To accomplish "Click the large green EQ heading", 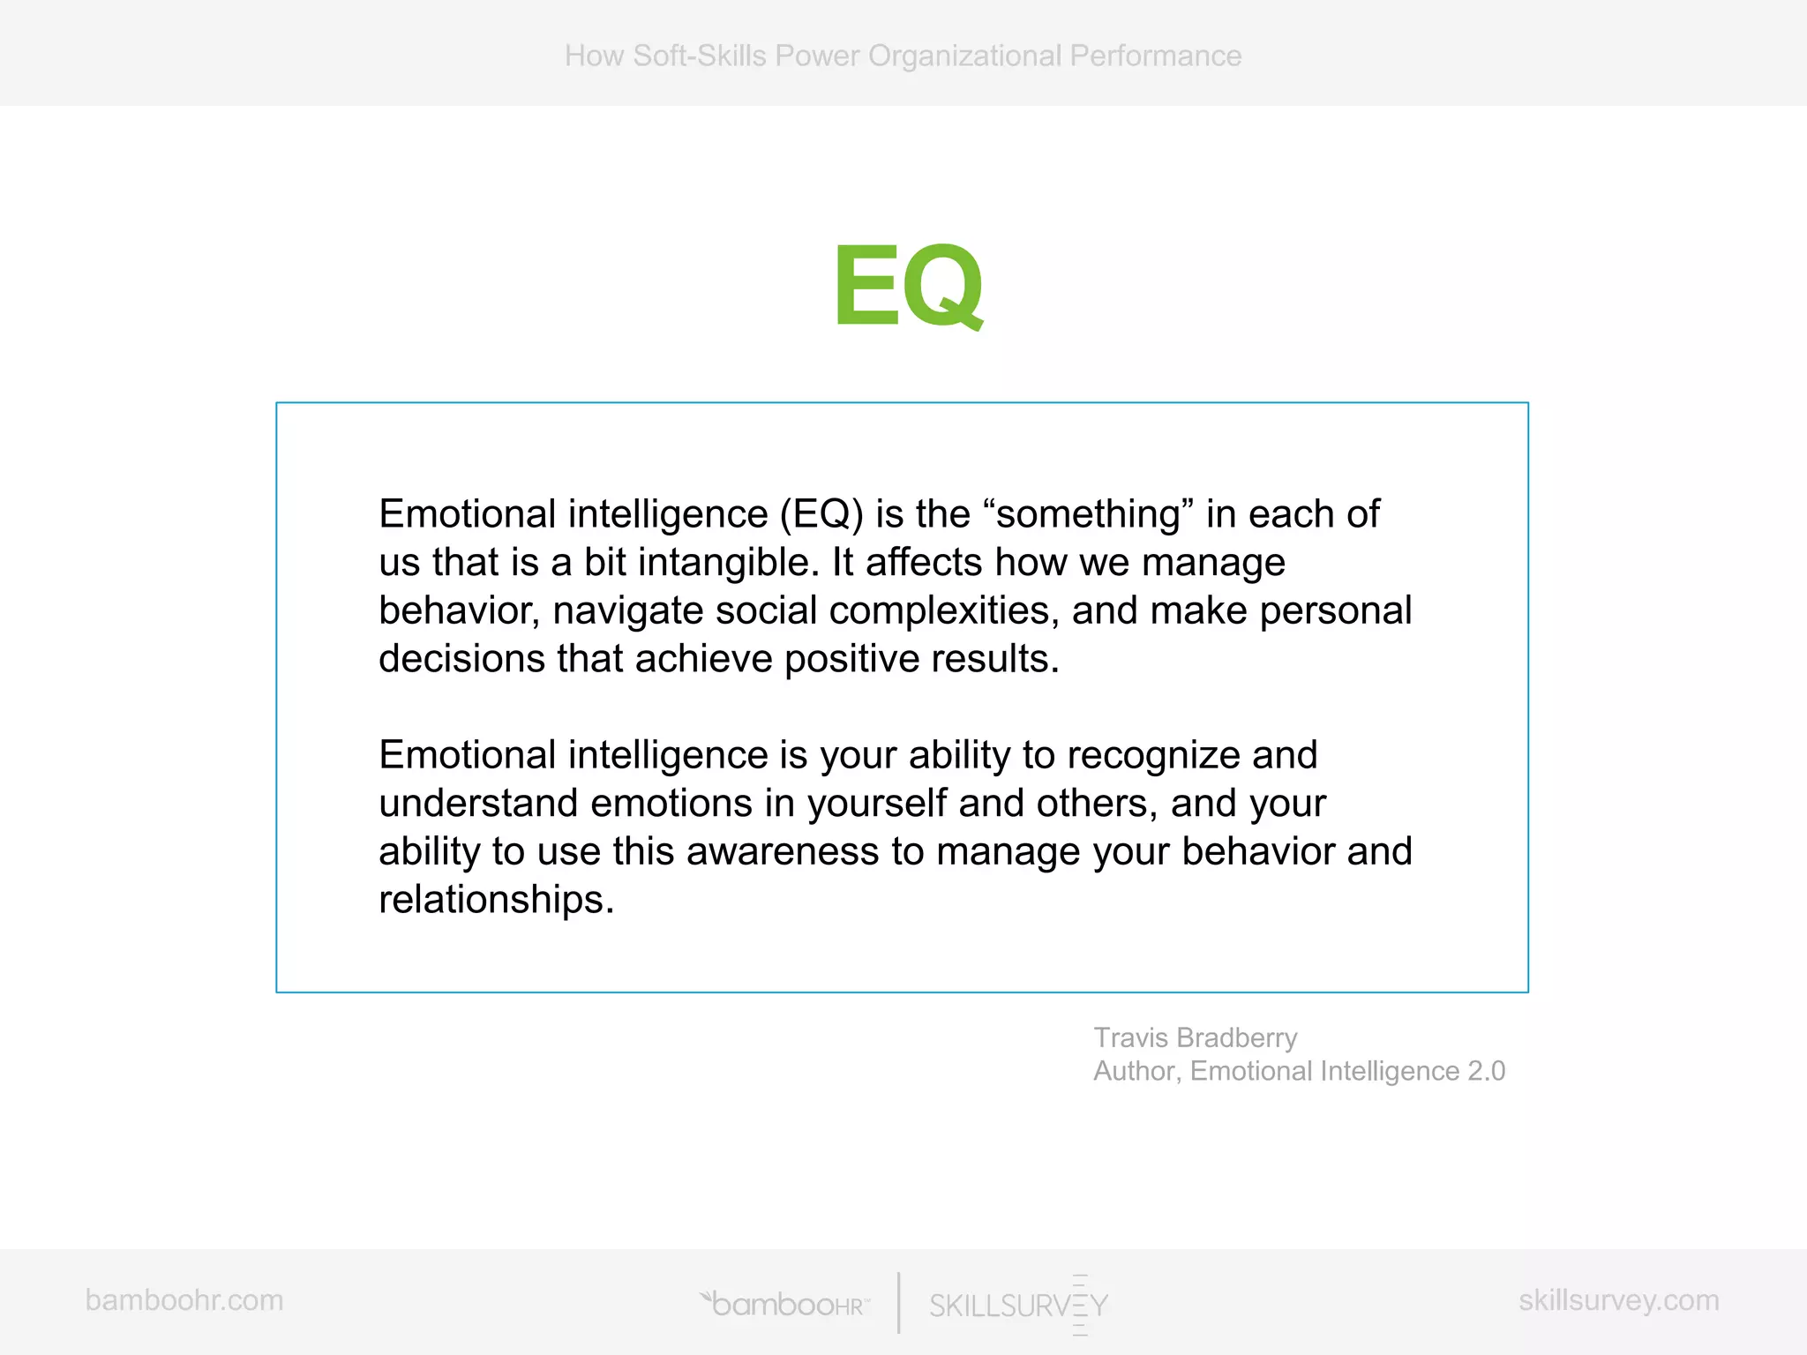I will [908, 285].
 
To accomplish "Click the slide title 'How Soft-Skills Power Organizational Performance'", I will [903, 56].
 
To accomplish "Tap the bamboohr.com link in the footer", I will [184, 1299].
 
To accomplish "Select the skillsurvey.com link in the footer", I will [1618, 1299].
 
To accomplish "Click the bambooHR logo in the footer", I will [785, 1304].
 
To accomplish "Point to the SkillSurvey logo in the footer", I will [1018, 1305].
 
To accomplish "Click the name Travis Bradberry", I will [1195, 1037].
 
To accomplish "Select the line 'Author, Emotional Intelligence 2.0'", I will [1299, 1071].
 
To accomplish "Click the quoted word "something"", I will [1087, 514].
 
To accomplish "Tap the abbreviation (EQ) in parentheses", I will [821, 514].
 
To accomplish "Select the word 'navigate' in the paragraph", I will [627, 611].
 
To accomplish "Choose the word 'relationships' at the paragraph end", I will [495, 900].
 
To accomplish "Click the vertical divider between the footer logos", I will [898, 1302].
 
